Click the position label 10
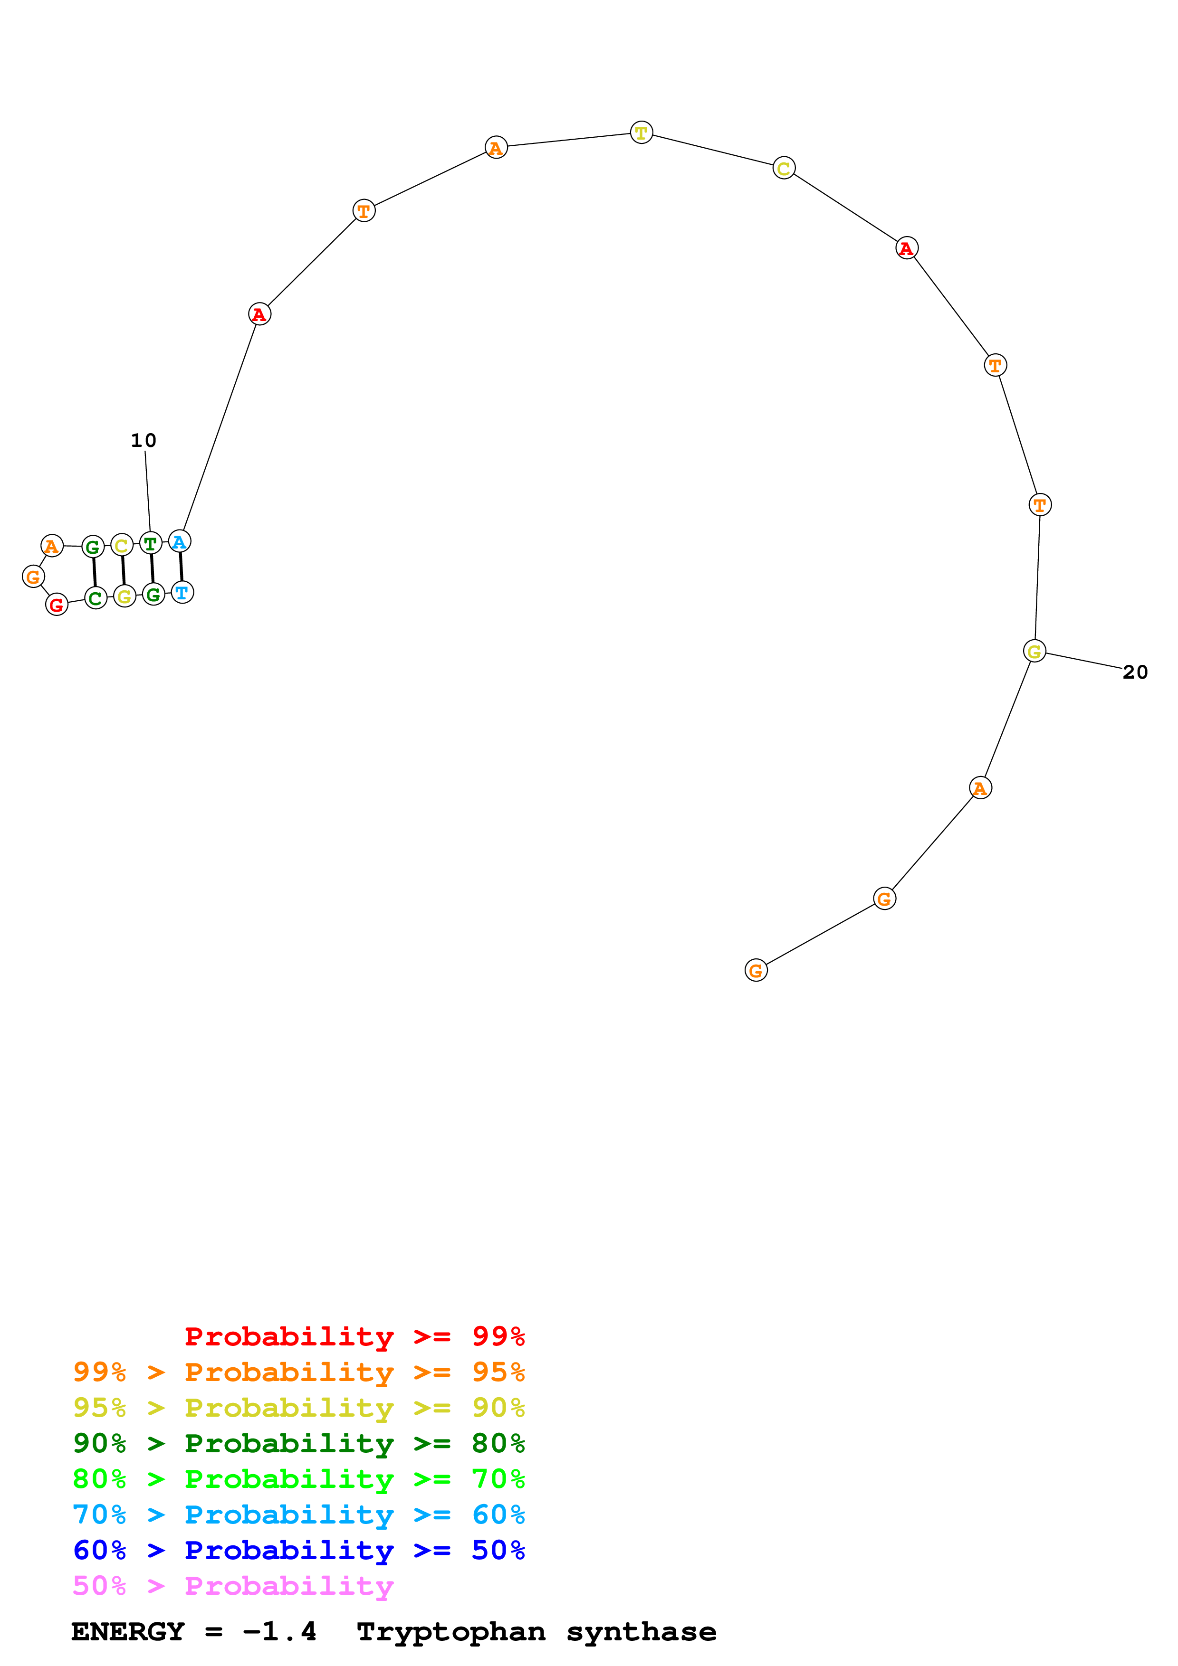143,440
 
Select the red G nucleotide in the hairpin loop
57,605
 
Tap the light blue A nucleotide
179,541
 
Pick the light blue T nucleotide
182,593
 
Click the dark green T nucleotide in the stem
150,543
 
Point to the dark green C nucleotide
95,598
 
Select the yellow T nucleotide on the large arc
641,133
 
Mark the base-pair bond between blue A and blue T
181,567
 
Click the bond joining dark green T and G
152,568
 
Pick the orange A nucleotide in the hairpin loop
51,546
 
